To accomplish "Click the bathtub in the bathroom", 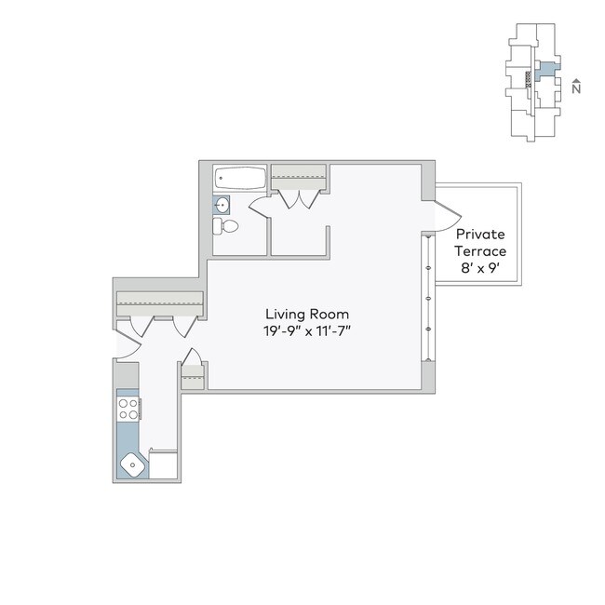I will [x=240, y=177].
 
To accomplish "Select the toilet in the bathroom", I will [x=226, y=226].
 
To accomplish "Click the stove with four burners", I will [x=128, y=408].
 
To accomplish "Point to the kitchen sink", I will [x=130, y=464].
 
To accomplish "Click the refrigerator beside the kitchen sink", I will [x=164, y=464].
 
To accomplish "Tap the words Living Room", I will [x=307, y=314].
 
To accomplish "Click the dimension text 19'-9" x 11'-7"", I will [x=307, y=331].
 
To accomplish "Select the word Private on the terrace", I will [x=479, y=235].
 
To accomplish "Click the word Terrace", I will [x=479, y=251].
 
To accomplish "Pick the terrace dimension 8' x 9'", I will [x=479, y=268].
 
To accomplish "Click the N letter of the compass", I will [x=577, y=90].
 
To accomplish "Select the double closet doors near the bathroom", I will [x=298, y=198].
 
